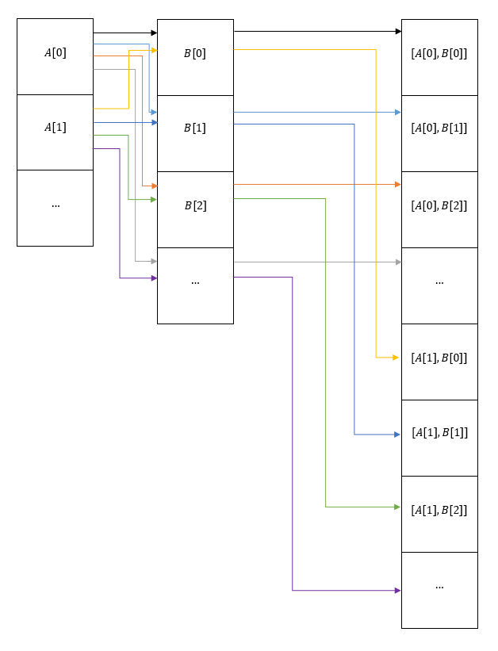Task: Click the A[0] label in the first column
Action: coord(55,53)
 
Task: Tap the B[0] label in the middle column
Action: coord(195,54)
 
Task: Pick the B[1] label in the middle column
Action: coord(195,128)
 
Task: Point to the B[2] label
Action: coord(195,205)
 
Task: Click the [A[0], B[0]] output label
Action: coord(439,54)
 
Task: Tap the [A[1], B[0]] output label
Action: coord(439,358)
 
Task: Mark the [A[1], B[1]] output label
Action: coord(439,433)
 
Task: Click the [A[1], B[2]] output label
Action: coord(439,510)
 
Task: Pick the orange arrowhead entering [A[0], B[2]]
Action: coord(396,184)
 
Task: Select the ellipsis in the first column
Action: coord(55,205)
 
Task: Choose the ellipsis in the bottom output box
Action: coord(439,586)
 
